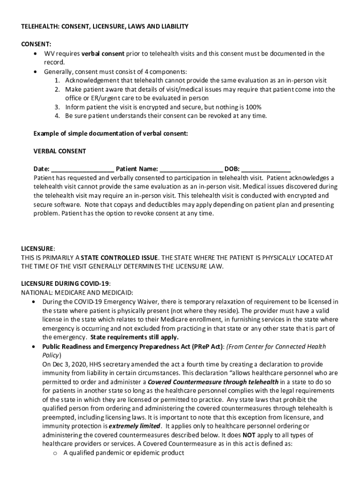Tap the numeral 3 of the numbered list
click(x=57, y=107)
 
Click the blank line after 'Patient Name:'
click(x=191, y=169)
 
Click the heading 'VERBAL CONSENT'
click(x=59, y=151)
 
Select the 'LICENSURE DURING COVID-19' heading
click(x=65, y=283)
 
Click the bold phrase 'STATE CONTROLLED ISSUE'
click(x=120, y=257)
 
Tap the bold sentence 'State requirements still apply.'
click(x=134, y=337)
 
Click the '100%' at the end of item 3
click(x=253, y=107)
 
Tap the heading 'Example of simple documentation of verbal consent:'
click(x=110, y=133)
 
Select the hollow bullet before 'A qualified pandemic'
click(x=55, y=453)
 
